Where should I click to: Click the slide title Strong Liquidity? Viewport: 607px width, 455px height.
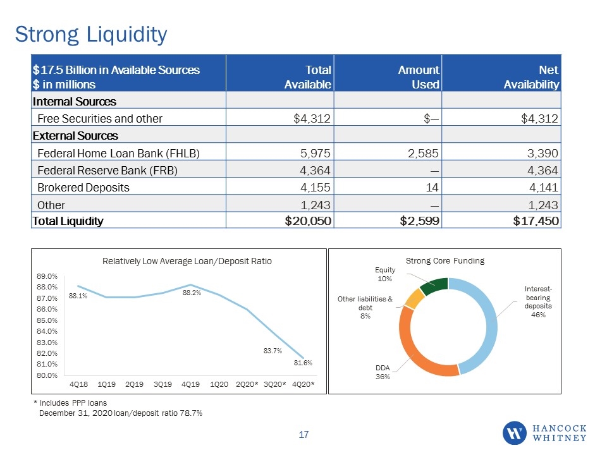point(91,35)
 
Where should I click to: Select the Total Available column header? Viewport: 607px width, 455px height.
point(308,77)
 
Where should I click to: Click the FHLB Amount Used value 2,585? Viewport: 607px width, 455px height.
point(423,153)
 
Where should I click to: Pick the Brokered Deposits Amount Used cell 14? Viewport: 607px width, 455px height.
point(432,188)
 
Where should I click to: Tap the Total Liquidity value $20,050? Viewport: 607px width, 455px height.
point(308,221)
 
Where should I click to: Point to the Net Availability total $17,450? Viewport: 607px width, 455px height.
point(536,221)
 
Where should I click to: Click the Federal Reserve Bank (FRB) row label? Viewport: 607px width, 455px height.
point(107,171)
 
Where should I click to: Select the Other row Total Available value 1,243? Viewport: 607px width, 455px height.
point(316,205)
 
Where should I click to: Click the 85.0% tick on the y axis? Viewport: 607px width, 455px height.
point(47,320)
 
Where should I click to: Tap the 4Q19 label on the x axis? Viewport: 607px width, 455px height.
point(190,384)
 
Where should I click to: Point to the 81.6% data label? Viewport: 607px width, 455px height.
point(303,363)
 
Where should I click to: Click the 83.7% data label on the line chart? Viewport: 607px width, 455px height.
point(273,351)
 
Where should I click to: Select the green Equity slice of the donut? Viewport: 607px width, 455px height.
point(434,286)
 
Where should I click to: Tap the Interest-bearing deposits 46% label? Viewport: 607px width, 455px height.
point(538,302)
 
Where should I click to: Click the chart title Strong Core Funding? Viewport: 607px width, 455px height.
point(445,261)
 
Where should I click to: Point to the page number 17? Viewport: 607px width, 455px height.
point(303,435)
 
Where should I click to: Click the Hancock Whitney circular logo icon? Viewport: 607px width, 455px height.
point(515,433)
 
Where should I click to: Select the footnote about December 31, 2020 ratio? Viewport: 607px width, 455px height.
point(121,413)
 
